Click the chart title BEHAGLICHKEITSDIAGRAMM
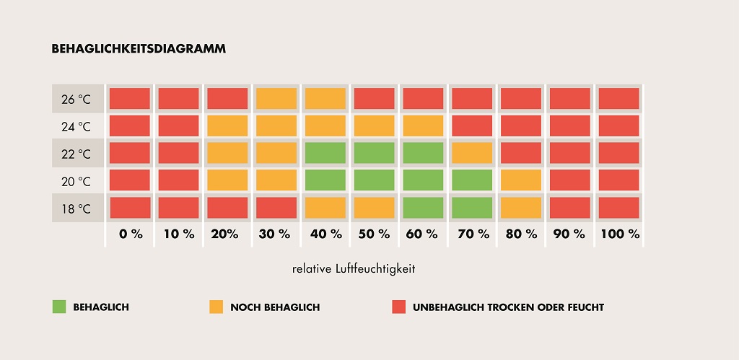pos(139,49)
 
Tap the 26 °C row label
pos(76,99)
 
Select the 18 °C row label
pos(76,209)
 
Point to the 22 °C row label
pos(76,154)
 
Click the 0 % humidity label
pos(131,234)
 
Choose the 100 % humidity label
pos(619,234)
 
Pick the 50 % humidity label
pos(374,234)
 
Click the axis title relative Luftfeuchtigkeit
pos(354,268)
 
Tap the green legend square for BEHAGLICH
pos(59,307)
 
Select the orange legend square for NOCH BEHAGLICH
pos(216,307)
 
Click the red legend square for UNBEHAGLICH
pos(398,307)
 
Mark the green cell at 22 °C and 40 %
pos(325,153)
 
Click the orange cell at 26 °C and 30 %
pos(276,98)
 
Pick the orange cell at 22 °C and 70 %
pos(471,153)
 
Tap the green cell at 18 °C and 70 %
pos(471,208)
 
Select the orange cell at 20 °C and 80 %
pos(520,180)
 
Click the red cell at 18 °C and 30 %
pos(276,208)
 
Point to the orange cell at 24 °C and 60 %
pos(423,126)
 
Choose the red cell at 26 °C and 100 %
pos(618,98)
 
